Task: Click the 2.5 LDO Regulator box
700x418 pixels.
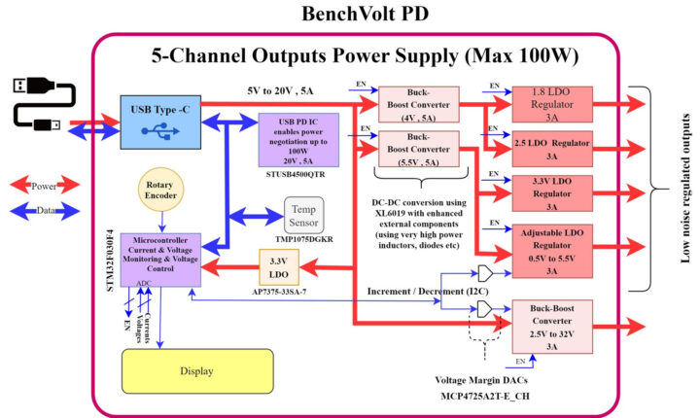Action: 551,149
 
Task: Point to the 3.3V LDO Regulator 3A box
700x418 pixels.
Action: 551,192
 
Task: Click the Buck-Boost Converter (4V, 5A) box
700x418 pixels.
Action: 417,104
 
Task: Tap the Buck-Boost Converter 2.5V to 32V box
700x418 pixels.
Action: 551,326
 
